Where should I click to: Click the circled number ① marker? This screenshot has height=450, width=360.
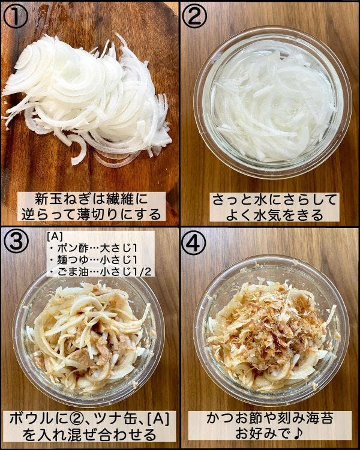15,16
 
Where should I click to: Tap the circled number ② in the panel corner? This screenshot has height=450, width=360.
194,16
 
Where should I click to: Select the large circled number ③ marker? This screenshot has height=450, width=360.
16,241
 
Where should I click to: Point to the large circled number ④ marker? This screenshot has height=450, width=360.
194,243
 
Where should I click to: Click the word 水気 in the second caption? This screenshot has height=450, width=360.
266,215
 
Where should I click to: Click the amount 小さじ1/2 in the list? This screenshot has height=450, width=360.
126,271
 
